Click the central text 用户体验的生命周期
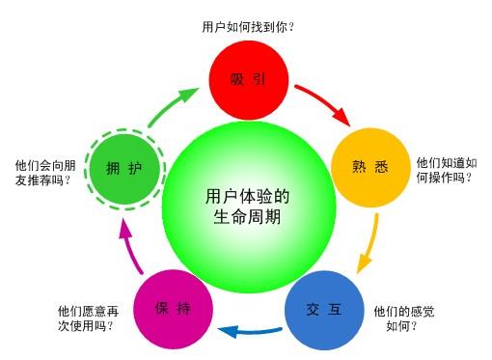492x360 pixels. (x=248, y=207)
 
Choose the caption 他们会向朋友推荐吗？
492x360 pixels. (x=44, y=172)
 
